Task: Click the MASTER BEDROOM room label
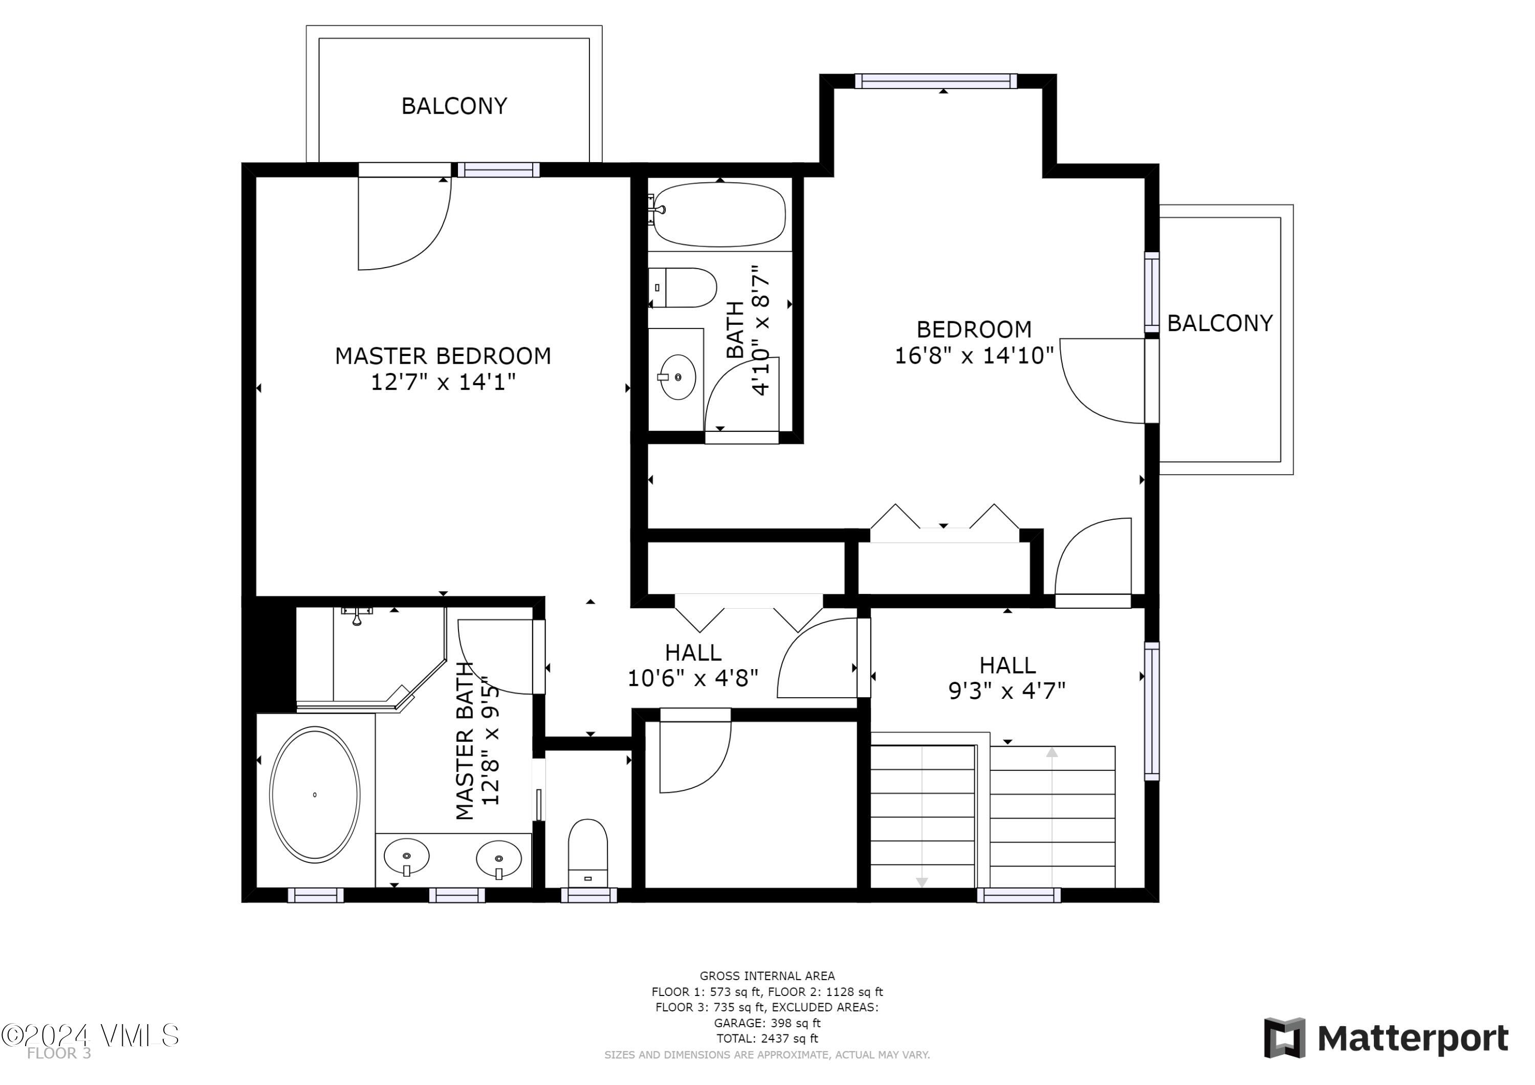pyautogui.click(x=443, y=356)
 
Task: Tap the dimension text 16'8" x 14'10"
pyautogui.click(x=974, y=355)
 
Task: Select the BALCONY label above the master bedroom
pyautogui.click(x=454, y=105)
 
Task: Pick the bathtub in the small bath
pyautogui.click(x=719, y=214)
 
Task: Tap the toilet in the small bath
pyautogui.click(x=683, y=287)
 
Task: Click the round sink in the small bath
pyautogui.click(x=677, y=377)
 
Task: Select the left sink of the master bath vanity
pyautogui.click(x=406, y=856)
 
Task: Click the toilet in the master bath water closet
pyautogui.click(x=588, y=853)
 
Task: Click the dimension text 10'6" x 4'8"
pyautogui.click(x=693, y=678)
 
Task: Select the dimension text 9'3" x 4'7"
pyautogui.click(x=1007, y=690)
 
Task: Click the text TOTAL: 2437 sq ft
pyautogui.click(x=767, y=1038)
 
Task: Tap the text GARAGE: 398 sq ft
pyautogui.click(x=767, y=1023)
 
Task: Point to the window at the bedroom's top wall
pyautogui.click(x=936, y=81)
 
